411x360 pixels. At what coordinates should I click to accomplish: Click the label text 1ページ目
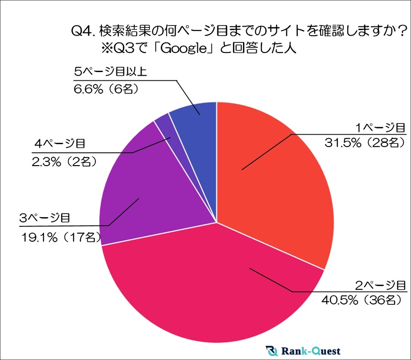click(x=380, y=127)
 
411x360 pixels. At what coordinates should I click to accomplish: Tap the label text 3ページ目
click(x=45, y=218)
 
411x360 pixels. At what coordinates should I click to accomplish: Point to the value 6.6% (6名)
click(x=105, y=89)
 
